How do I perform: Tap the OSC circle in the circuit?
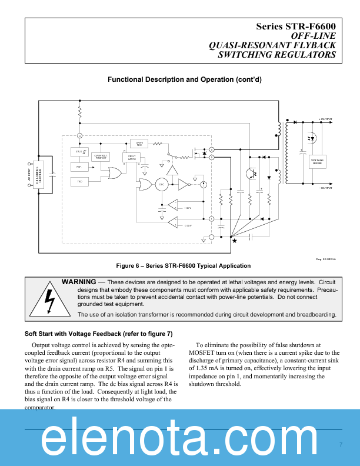click(x=161, y=184)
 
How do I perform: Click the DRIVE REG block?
click(x=139, y=143)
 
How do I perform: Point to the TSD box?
click(x=79, y=182)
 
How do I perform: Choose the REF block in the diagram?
click(x=79, y=167)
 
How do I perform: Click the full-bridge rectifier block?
click(x=38, y=176)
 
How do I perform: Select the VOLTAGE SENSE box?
click(x=317, y=162)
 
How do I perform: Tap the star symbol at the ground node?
click(x=234, y=240)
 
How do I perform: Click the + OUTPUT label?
click(x=325, y=119)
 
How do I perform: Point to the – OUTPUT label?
click(x=325, y=188)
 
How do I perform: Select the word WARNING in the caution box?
click(x=81, y=282)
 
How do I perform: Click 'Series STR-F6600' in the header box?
click(x=295, y=27)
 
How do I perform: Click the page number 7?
click(x=341, y=444)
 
